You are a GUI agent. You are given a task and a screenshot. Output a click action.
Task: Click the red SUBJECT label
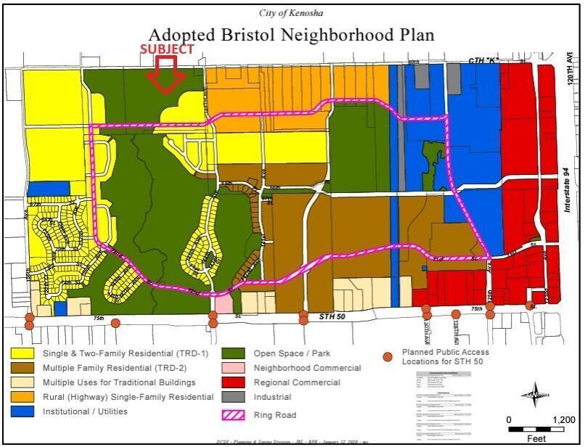pos(167,49)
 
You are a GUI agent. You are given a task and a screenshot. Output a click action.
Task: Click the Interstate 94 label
pos(569,197)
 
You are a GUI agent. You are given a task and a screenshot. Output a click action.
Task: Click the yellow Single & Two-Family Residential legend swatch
pos(23,353)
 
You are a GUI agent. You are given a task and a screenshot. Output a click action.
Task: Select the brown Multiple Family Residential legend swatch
pos(23,368)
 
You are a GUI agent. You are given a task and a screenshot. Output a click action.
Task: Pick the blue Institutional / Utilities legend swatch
pos(23,411)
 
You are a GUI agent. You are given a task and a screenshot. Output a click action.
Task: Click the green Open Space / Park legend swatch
pos(234,353)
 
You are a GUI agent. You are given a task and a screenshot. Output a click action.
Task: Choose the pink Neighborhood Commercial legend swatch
pos(234,368)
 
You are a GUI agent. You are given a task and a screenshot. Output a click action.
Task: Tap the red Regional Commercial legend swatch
pos(234,382)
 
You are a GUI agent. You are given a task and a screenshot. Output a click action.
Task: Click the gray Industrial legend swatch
pos(234,397)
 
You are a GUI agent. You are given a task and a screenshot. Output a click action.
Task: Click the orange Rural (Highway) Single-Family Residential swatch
pos(23,397)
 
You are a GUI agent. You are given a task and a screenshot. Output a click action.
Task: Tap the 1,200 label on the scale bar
pos(563,420)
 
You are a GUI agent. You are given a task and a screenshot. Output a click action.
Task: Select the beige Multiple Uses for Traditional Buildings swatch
pos(23,382)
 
